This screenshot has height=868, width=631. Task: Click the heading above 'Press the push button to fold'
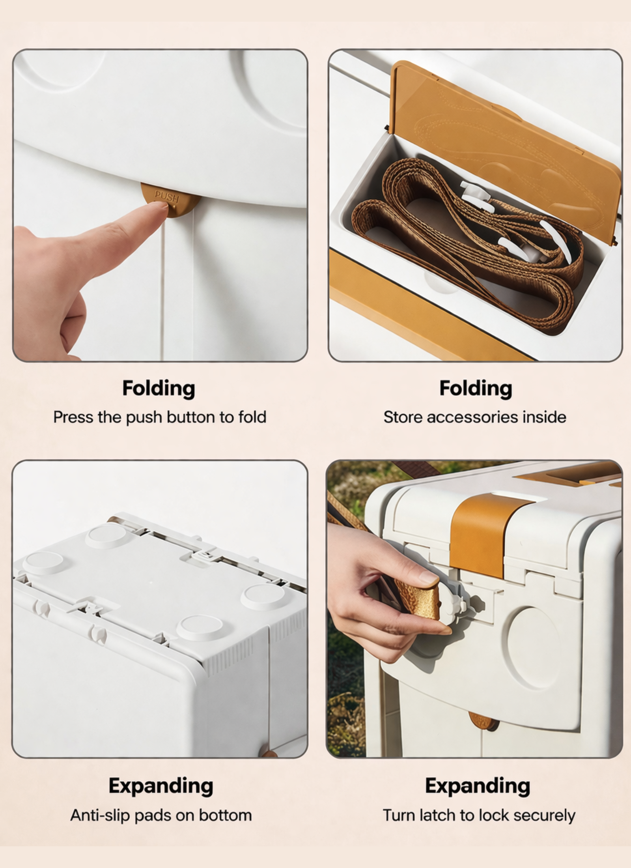tap(159, 389)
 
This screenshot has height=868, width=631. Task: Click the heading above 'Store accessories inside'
tap(476, 389)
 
